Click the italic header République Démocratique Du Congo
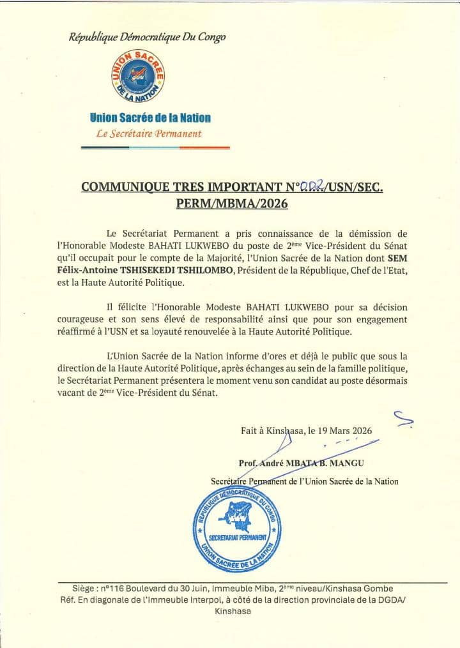147,37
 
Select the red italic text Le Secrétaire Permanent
148,134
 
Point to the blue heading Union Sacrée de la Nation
150,117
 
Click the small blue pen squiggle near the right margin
402,419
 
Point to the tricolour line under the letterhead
155,148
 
